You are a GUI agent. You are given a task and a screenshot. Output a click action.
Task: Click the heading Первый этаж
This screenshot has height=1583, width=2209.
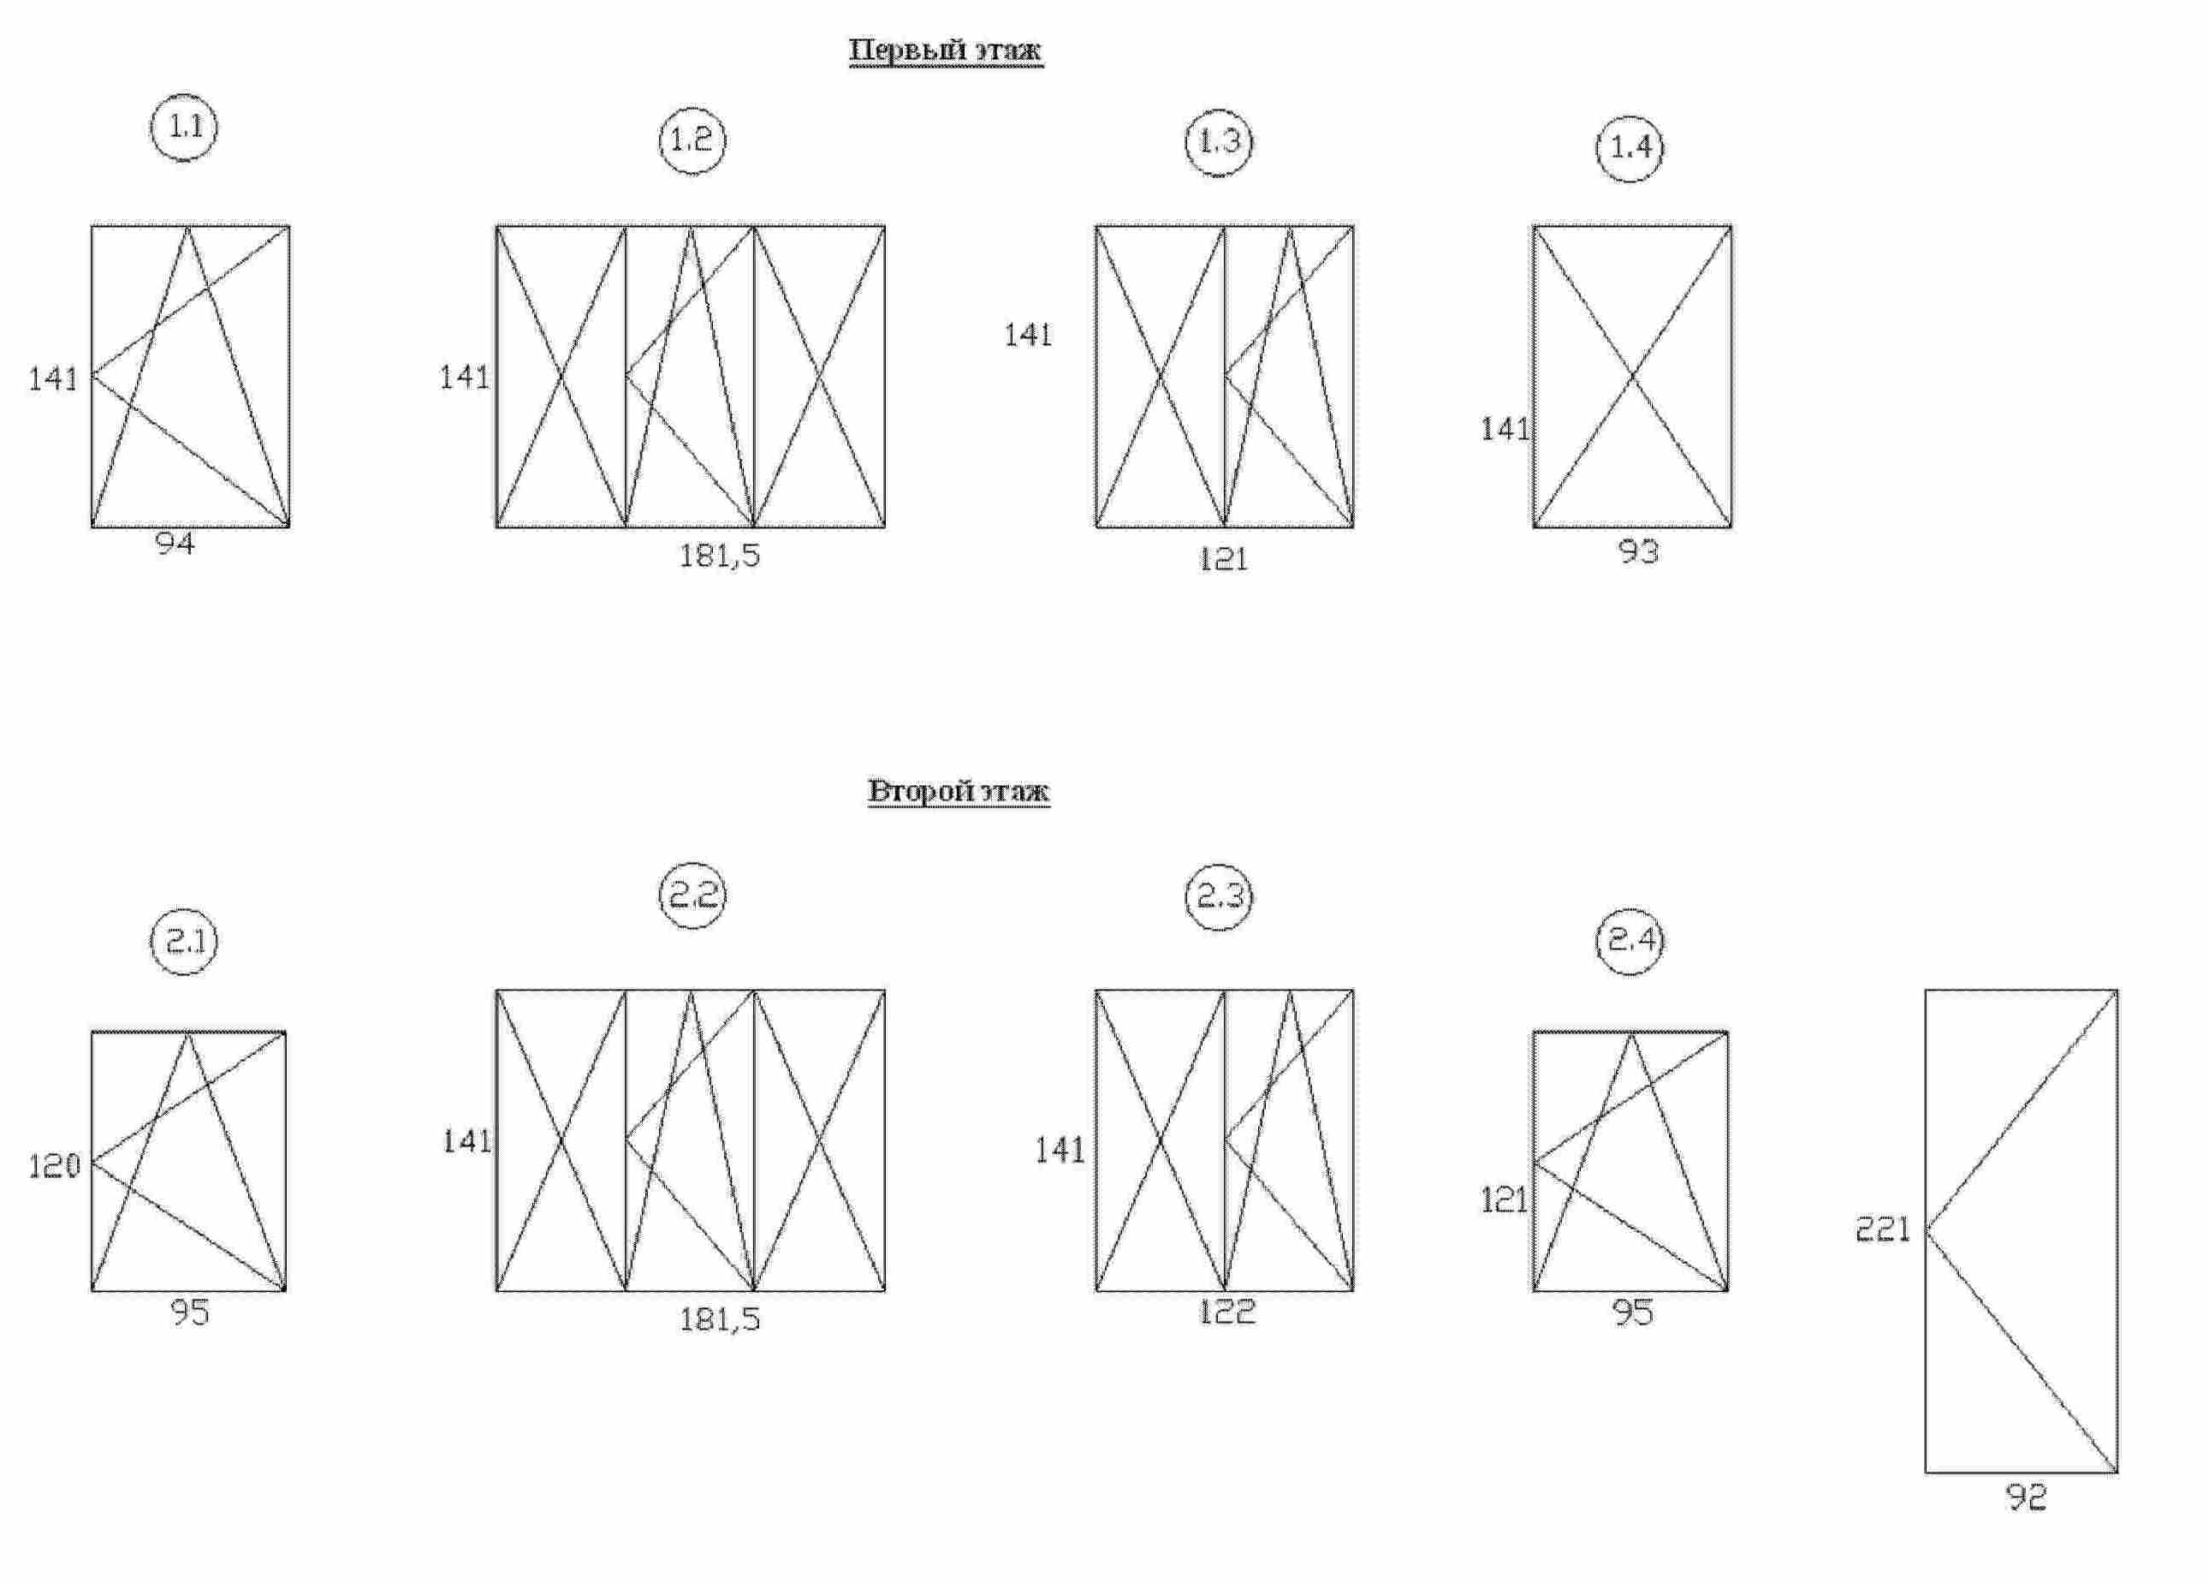[x=946, y=51]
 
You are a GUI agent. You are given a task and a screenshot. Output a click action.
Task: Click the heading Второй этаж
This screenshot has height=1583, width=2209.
[x=959, y=790]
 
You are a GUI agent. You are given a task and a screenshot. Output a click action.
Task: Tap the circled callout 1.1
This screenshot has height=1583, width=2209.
[x=184, y=127]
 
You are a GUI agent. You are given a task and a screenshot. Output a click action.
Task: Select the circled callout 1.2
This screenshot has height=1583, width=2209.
[x=692, y=140]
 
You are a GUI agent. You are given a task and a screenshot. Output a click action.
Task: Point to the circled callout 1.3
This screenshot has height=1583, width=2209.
[x=1220, y=141]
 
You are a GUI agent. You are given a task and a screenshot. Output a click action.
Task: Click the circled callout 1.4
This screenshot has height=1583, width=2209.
[x=1630, y=148]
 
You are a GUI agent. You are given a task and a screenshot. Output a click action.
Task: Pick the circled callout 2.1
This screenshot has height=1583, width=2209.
[x=184, y=942]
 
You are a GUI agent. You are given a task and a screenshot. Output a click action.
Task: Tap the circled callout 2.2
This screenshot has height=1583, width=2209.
[x=692, y=895]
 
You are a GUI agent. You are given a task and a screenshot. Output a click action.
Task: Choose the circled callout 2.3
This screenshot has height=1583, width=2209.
[x=1220, y=896]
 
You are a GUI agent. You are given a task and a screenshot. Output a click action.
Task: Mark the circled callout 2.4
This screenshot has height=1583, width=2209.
[x=1630, y=940]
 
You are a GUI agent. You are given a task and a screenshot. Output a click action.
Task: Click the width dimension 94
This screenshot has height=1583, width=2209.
[x=175, y=544]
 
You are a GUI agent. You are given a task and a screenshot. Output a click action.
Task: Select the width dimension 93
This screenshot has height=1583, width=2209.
[x=1638, y=551]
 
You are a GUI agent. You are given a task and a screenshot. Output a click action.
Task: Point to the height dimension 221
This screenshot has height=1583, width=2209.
[x=1883, y=1229]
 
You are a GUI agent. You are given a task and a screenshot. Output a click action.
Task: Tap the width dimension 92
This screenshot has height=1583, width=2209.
[x=2027, y=1497]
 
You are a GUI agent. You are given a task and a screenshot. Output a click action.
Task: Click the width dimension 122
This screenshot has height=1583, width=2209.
[x=1227, y=1312]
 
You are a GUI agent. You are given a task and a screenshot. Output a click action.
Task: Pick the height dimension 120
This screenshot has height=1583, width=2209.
[x=55, y=1165]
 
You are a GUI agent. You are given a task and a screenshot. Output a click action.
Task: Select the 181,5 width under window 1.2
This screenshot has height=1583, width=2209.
[x=720, y=556]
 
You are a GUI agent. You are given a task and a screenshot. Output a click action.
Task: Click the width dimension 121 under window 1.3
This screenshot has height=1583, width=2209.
[x=1223, y=559]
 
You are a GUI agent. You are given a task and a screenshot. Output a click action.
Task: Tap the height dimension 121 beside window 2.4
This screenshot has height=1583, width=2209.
[x=1504, y=1200]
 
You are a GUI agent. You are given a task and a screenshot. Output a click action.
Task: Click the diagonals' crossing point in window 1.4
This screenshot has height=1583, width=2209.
[x=1632, y=376]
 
